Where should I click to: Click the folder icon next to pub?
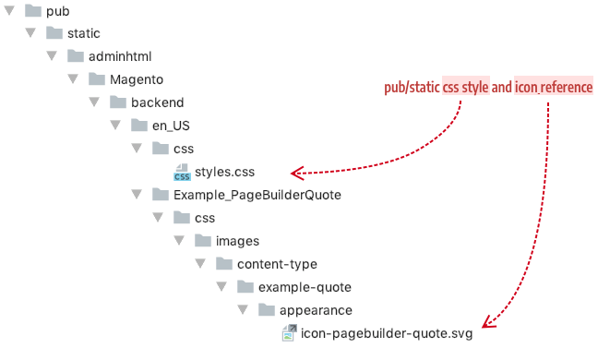tap(31, 11)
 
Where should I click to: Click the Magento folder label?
tap(137, 79)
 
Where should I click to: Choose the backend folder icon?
tap(118, 102)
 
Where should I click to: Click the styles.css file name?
tap(224, 172)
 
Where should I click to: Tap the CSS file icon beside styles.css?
tap(182, 172)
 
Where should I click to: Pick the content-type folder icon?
tap(223, 264)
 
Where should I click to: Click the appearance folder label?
tap(315, 310)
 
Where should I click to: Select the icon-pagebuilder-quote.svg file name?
tap(387, 333)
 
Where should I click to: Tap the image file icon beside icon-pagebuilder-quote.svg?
tap(288, 333)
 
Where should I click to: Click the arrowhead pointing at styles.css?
tap(296, 172)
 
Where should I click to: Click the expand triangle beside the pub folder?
tap(9, 11)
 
